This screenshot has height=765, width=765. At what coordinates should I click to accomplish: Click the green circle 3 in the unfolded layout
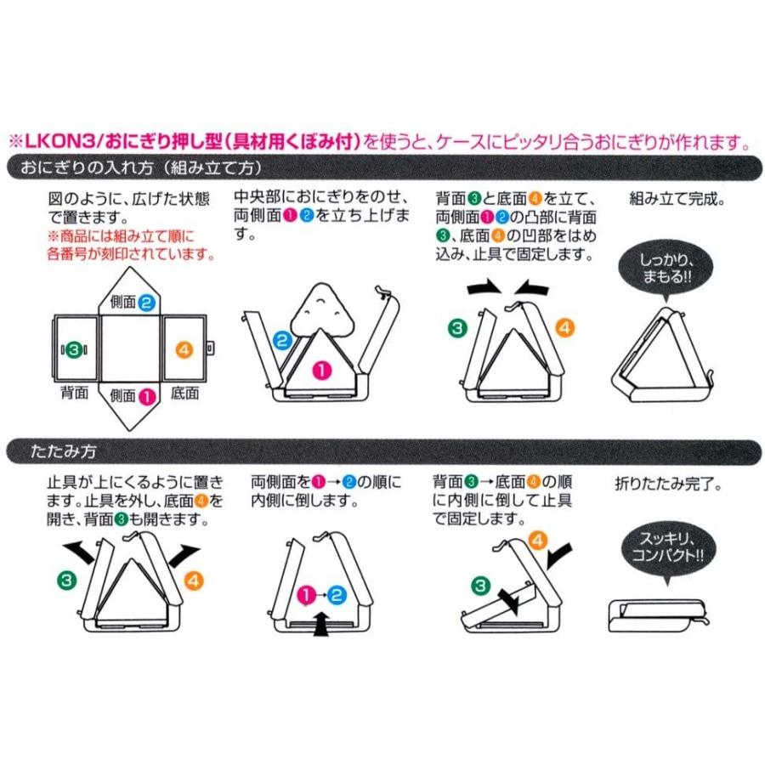point(74,350)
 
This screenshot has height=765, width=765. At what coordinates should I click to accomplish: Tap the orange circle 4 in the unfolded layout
point(184,350)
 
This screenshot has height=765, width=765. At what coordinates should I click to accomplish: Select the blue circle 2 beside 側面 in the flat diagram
point(146,303)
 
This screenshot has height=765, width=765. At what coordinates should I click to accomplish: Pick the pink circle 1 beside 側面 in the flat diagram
point(147,395)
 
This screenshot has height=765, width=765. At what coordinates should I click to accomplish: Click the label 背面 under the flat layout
point(74,392)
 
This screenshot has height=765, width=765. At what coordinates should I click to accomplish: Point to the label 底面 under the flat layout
point(185,393)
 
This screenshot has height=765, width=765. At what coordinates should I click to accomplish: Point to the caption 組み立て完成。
point(677,199)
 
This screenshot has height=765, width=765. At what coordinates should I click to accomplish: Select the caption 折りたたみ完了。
point(668,484)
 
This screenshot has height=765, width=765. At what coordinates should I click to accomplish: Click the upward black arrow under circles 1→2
point(320,624)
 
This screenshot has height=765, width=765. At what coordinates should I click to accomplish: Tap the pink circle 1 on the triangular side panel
point(321,371)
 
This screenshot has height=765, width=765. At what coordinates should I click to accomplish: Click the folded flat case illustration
point(659,616)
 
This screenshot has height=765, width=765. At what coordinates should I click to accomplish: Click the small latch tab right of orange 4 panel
point(210,348)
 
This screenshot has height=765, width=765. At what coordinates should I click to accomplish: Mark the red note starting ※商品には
point(131,245)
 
